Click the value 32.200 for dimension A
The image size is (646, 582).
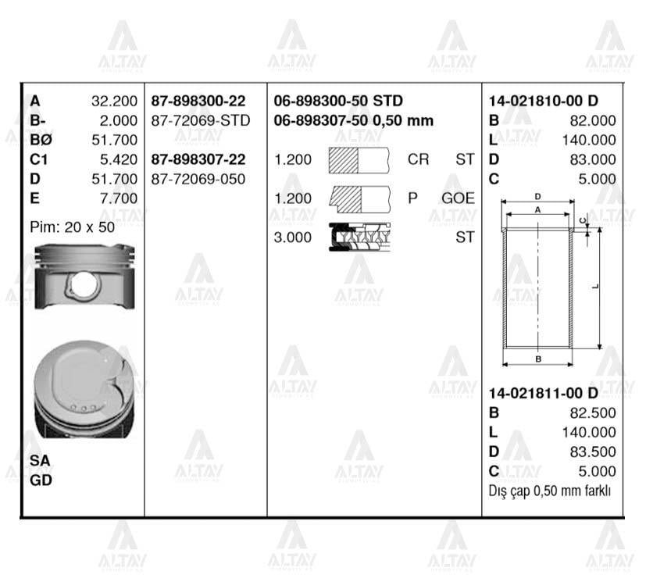tap(114, 102)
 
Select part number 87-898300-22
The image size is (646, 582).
tap(198, 102)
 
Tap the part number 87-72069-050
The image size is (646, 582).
tap(198, 179)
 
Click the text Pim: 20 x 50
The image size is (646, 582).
tap(72, 227)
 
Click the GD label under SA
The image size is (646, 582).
tap(41, 480)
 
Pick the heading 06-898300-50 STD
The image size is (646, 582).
tap(338, 102)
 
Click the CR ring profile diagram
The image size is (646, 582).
tap(359, 159)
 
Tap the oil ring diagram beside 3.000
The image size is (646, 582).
tap(359, 237)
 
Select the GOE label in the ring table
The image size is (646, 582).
tap(458, 198)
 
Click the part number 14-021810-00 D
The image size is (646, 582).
tap(543, 102)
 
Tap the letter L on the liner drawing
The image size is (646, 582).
tap(595, 286)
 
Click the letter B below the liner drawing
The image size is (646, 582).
tap(538, 359)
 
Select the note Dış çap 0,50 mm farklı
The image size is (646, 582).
tap(549, 491)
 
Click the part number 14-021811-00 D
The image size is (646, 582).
tap(543, 394)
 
